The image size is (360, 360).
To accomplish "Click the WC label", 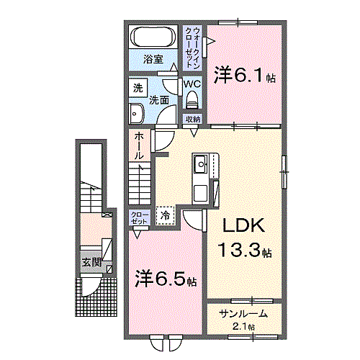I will (x=191, y=84).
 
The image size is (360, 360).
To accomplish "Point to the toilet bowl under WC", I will (x=191, y=100).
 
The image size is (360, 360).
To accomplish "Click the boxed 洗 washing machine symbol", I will (x=138, y=89).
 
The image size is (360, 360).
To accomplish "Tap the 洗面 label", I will (x=159, y=101).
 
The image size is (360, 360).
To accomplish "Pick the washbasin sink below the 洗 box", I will (x=137, y=112).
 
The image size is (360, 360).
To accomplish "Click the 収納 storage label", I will (x=192, y=120).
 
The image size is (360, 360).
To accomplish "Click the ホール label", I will (x=138, y=145).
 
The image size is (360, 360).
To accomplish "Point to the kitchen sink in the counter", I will (x=201, y=163).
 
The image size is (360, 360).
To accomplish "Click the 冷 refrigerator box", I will (x=166, y=215).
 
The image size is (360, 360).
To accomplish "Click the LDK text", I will (x=244, y=226).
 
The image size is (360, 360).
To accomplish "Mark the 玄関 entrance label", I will (x=91, y=261).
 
